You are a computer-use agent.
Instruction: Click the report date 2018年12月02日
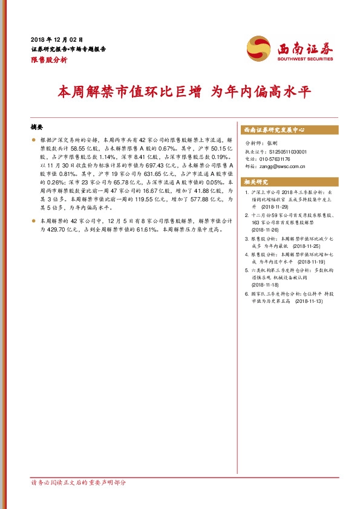tap(56, 39)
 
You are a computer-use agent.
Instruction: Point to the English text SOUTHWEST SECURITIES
tap(305, 59)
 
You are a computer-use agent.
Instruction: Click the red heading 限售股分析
tap(49, 60)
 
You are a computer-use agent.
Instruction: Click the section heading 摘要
tap(37, 127)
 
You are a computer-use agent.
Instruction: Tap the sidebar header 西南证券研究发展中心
tap(273, 130)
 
